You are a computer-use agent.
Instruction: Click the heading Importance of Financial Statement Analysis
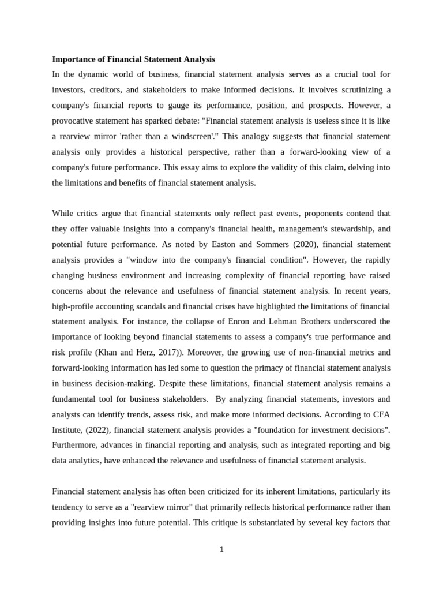pos(133,59)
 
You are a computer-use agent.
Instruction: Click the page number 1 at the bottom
pos(221,549)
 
